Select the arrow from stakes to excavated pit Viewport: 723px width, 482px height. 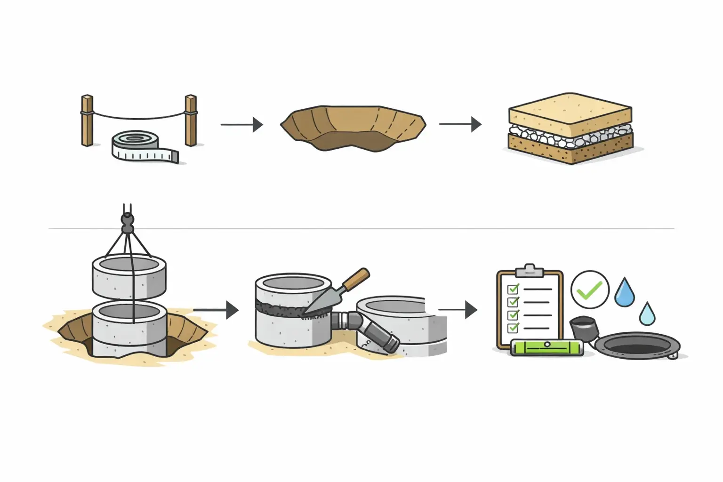(x=241, y=125)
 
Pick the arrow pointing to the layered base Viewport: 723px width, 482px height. (x=460, y=124)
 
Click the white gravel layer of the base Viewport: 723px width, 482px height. (x=570, y=137)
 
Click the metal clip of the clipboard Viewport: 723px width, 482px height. (x=530, y=271)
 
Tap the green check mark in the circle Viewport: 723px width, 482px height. (x=589, y=290)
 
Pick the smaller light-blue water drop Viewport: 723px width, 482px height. (x=647, y=313)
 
